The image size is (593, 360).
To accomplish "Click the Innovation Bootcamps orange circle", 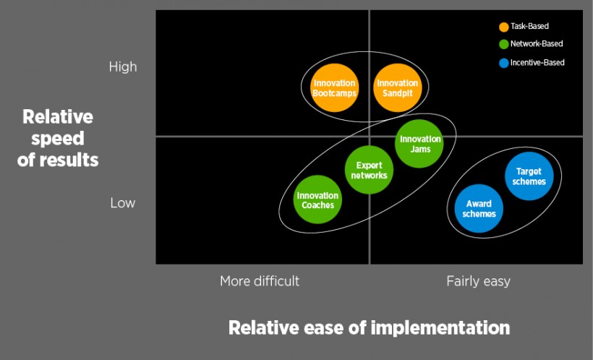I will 334,88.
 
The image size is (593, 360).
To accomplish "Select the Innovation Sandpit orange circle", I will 397,88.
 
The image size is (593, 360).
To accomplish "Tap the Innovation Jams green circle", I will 419,143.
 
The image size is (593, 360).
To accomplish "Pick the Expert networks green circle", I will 369,171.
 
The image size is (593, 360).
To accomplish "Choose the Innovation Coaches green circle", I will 317,200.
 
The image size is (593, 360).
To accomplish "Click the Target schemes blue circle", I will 529,176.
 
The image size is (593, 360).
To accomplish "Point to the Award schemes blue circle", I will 479,210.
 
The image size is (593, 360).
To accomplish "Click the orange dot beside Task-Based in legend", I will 504,27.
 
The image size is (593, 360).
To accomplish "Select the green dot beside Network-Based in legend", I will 504,44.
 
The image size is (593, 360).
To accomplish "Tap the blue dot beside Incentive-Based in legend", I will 504,63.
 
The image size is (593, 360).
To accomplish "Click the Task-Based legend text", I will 529,27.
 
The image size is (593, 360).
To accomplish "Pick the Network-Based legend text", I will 536,44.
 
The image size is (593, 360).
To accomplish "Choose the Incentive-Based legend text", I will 537,63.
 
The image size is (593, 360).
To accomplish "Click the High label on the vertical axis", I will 122,67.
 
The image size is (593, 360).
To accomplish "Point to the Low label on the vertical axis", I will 122,203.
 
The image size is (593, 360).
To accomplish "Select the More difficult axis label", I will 260,281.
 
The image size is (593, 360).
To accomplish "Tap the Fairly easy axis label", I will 478,281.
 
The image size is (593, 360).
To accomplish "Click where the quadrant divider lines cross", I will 370,136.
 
